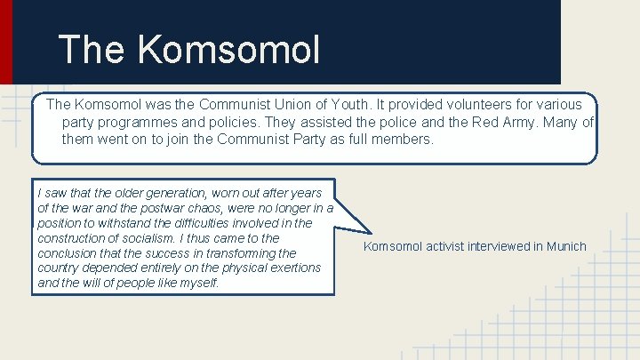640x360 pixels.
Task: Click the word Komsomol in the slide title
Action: tap(229, 50)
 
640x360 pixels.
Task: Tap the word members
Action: tap(402, 140)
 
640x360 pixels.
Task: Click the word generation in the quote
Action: tap(174, 192)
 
